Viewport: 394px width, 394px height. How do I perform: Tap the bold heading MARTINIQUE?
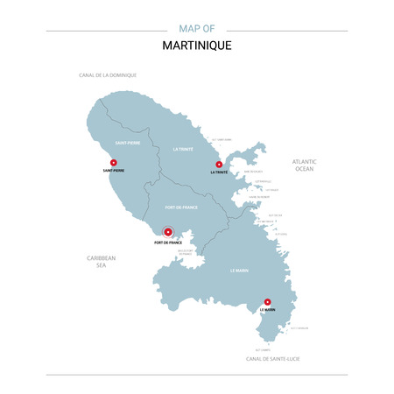coord(197,46)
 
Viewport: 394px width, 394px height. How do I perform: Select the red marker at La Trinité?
coord(219,164)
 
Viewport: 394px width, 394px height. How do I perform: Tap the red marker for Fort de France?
coord(168,233)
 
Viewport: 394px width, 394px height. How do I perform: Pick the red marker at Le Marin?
coord(267,303)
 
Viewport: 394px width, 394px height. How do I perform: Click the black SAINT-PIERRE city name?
coord(114,171)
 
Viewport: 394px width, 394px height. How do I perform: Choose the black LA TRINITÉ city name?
coord(219,172)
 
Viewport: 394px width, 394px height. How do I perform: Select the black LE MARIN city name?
coord(267,312)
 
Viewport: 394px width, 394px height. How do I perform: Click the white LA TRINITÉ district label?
coord(183,149)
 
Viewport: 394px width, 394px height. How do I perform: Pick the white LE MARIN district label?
coord(239,271)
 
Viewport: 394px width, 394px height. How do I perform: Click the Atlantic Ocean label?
coord(304,165)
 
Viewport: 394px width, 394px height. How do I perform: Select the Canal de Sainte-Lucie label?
coord(272,359)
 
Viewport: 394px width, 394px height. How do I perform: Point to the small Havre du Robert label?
coord(259,198)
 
